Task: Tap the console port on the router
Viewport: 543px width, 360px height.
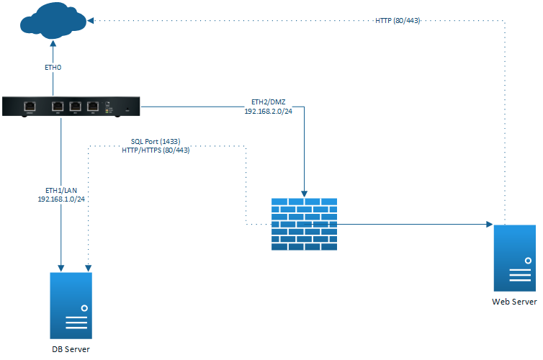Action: point(31,107)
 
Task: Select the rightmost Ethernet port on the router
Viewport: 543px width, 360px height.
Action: point(92,107)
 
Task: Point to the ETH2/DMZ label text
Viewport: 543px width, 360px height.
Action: point(268,102)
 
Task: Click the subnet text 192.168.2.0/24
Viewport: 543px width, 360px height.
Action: point(268,112)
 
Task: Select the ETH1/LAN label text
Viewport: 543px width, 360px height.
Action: point(60,190)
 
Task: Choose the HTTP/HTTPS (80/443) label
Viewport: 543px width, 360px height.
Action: point(156,150)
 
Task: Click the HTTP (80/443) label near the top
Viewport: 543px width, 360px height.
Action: point(398,21)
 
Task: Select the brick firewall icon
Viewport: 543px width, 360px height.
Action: point(304,224)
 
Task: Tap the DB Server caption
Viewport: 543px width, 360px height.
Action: point(71,349)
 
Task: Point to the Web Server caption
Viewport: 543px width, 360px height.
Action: point(514,302)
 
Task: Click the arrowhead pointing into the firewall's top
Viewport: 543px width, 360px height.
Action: point(305,194)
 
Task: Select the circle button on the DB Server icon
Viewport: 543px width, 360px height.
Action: point(84,307)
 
